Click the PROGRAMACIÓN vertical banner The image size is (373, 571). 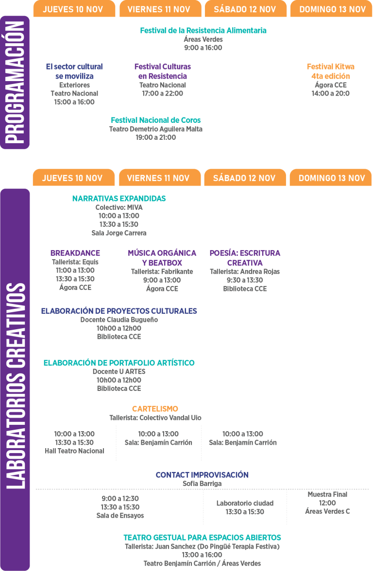pos(15,83)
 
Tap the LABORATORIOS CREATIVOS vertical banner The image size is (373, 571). pos(15,380)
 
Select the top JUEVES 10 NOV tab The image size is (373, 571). pos(74,9)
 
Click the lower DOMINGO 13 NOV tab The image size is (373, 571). pos(331,178)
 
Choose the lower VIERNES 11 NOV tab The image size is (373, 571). pos(159,178)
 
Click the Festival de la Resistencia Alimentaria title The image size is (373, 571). pos(203,31)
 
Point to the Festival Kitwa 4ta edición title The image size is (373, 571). pos(331,71)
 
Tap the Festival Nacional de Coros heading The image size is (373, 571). pos(156,120)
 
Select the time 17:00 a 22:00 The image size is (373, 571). pos(162,94)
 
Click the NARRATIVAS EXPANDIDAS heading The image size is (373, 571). pos(119,199)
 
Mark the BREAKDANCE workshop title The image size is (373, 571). pos(75,253)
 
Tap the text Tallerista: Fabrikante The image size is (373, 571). pos(162,272)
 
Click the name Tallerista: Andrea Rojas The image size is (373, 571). pos(245,272)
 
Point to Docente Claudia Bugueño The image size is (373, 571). pos(119,319)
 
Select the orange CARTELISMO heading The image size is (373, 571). pos(155,409)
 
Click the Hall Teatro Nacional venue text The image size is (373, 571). pos(74,451)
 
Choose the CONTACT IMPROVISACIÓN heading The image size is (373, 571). pos(202,475)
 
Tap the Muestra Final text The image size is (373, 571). pos(327,494)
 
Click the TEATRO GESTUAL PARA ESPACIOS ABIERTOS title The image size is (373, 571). pos(202,537)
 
